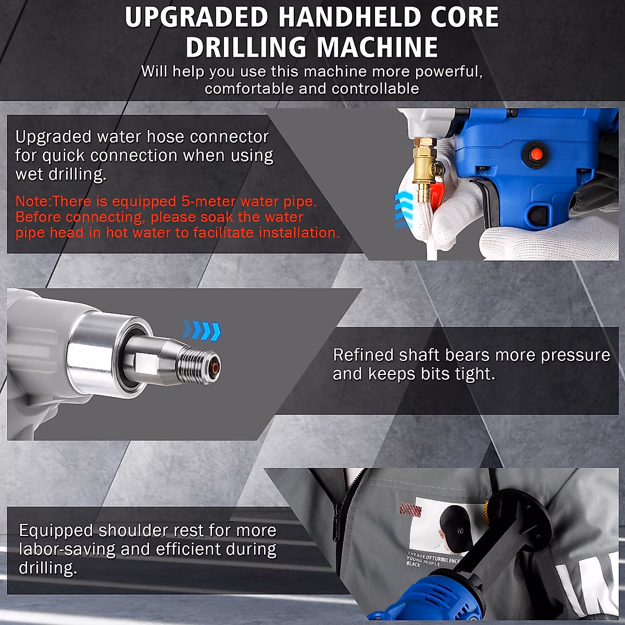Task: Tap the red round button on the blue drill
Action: coord(535,152)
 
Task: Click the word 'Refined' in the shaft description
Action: coord(363,355)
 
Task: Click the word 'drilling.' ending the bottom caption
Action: coord(48,568)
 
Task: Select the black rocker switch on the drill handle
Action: coord(538,214)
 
